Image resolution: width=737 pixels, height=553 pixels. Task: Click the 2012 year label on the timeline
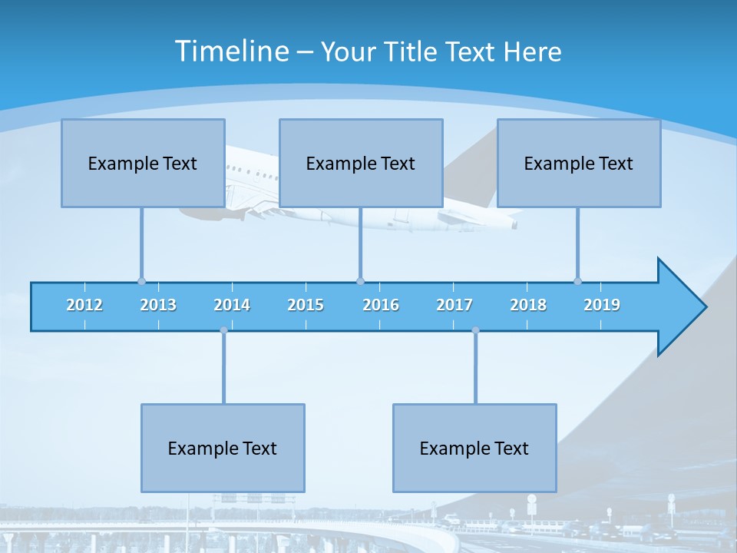(84, 305)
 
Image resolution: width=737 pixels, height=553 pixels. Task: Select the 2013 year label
(158, 305)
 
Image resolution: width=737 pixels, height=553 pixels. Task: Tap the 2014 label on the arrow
(232, 305)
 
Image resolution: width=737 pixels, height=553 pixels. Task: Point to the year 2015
(306, 305)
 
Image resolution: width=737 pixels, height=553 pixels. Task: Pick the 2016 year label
(381, 305)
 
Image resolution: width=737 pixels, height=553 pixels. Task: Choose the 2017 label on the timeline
(454, 305)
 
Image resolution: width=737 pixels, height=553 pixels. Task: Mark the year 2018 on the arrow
(528, 305)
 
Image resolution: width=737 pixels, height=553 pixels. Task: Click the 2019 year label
(602, 305)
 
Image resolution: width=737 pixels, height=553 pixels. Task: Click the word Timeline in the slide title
(231, 51)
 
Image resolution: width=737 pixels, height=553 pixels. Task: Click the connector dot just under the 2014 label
(223, 330)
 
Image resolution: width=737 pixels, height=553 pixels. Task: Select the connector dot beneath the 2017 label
(475, 330)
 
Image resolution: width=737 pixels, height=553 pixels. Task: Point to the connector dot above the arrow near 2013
(141, 281)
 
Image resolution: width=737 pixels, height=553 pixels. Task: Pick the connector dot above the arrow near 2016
(360, 281)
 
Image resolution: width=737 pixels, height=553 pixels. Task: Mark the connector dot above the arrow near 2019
(578, 281)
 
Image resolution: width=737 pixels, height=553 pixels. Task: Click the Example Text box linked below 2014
(223, 448)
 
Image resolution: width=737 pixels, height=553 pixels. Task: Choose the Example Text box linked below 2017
(474, 448)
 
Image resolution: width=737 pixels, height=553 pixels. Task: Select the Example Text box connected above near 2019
(579, 163)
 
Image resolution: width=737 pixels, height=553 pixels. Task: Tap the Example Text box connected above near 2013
(143, 163)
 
